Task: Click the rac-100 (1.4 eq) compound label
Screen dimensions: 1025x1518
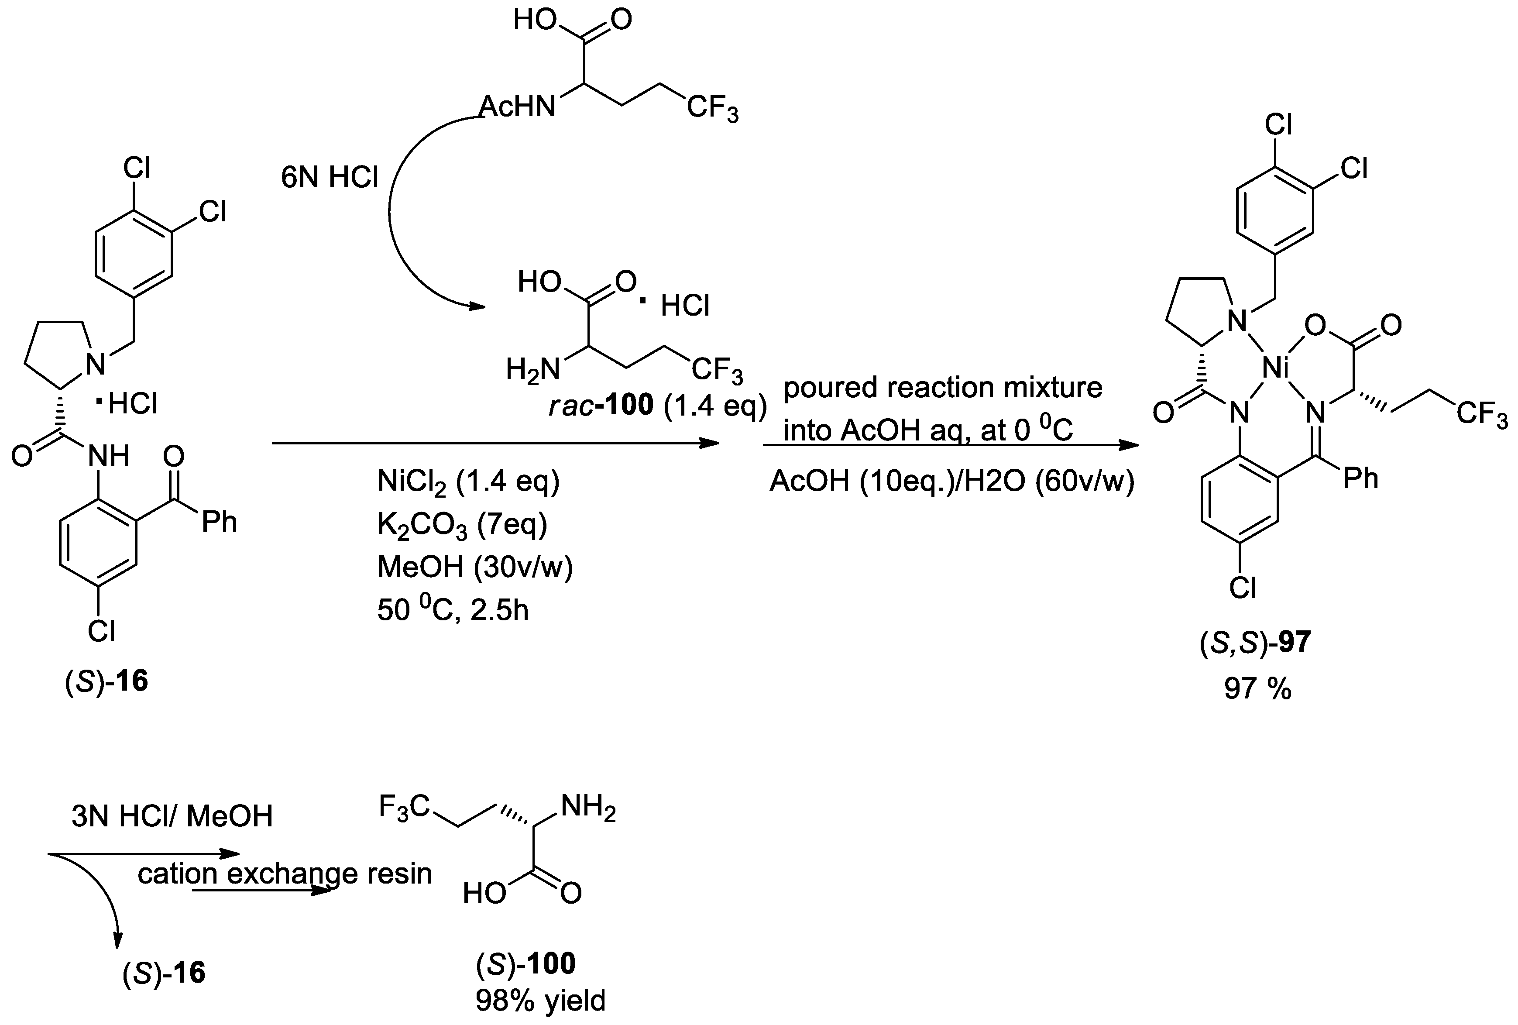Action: (x=656, y=406)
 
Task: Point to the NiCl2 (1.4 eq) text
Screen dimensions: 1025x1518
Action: (x=468, y=482)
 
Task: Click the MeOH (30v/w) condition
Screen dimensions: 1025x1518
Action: (x=475, y=567)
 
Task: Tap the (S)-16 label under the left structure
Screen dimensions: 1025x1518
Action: (x=106, y=681)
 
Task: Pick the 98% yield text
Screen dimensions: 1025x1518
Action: (x=540, y=1000)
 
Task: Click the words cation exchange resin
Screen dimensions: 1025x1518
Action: (x=285, y=874)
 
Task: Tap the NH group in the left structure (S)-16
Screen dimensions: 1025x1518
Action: (x=108, y=455)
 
